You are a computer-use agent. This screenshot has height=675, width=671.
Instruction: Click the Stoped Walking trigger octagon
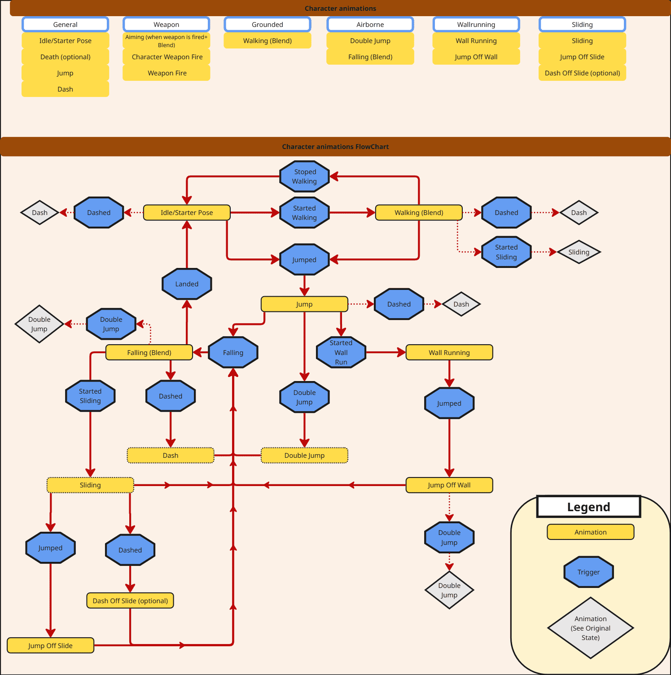(304, 176)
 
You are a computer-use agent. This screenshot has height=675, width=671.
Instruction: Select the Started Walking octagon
(304, 213)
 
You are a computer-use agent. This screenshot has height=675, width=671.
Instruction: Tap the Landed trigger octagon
(187, 284)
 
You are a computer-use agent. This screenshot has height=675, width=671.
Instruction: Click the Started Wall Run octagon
(341, 352)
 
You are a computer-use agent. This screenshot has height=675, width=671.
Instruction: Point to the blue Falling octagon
(233, 352)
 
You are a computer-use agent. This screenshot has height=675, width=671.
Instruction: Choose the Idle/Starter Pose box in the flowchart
(187, 213)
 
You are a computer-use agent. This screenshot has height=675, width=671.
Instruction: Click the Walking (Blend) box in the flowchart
(419, 213)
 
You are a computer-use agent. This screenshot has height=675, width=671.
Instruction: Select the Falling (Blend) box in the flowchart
(149, 352)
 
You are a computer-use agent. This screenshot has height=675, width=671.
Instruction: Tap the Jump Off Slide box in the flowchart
(50, 645)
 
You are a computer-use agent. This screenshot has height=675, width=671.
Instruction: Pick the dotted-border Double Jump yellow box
(304, 455)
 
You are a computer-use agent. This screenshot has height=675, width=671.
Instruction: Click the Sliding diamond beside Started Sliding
(579, 252)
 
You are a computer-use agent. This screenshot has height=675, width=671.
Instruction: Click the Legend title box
(588, 507)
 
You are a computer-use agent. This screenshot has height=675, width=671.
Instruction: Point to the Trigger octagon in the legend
(588, 572)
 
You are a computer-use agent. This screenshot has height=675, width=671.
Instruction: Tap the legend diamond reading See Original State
(590, 628)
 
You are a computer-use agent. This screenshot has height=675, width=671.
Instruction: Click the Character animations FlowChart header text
(335, 147)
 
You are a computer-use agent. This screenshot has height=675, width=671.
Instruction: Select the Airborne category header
(370, 25)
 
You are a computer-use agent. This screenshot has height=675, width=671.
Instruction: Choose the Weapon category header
(167, 25)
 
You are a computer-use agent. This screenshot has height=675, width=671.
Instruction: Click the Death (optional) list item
(66, 57)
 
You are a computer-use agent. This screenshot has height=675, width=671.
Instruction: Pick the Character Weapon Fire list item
(167, 57)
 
